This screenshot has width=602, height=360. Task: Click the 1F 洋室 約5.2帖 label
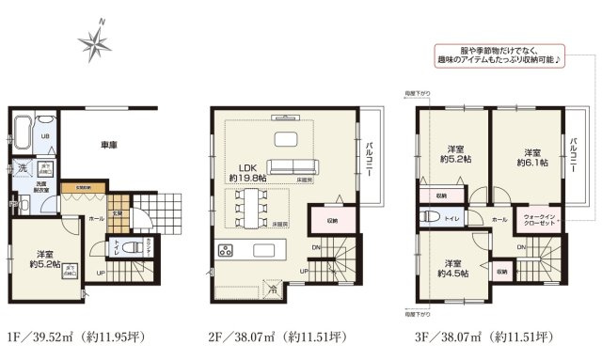[x=46, y=257]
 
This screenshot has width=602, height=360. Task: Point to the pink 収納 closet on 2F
[x=333, y=221]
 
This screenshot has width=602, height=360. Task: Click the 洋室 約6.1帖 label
[x=531, y=157]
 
